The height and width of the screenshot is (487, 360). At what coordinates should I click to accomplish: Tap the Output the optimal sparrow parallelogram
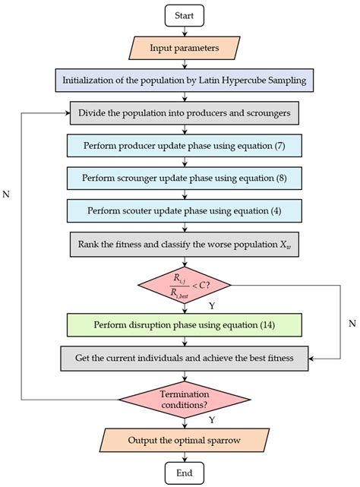pyautogui.click(x=185, y=440)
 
